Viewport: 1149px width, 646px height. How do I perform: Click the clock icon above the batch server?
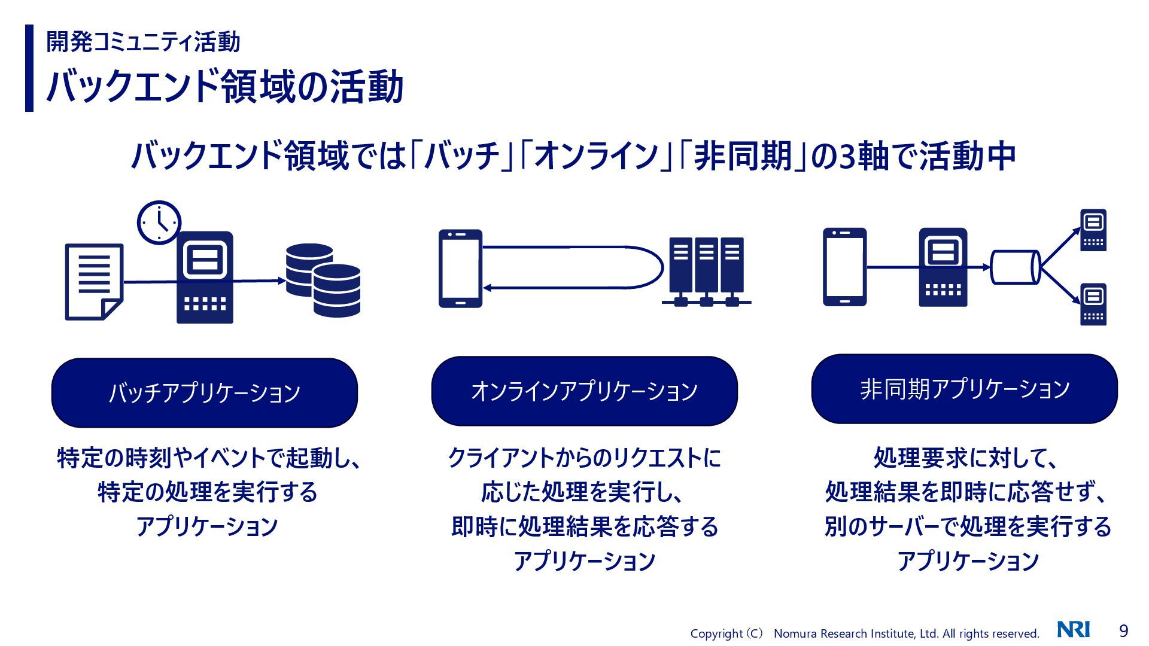(159, 222)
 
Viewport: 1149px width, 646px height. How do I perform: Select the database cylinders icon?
(323, 279)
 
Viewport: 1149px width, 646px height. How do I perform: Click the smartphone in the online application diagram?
(460, 269)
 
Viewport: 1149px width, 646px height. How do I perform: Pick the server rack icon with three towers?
(706, 271)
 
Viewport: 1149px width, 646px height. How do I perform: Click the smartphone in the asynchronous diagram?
(844, 267)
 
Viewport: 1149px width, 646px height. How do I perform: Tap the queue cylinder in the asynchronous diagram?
(1015, 267)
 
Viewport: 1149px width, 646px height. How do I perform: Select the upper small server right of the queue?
(1093, 230)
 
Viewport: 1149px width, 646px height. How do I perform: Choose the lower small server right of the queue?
(1093, 305)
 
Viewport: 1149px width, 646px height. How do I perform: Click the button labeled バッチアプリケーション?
(205, 392)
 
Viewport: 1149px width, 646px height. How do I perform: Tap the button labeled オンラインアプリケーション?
(584, 391)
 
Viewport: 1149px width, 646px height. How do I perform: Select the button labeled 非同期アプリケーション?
(964, 389)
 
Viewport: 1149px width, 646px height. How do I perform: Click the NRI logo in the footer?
(1073, 630)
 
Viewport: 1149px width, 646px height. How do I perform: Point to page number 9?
(1123, 631)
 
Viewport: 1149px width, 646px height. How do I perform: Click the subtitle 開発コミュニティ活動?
(143, 42)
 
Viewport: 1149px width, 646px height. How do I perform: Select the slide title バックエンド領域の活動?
(224, 87)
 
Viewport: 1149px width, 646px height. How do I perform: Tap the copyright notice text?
(864, 633)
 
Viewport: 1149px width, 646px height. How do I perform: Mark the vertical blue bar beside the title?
(29, 68)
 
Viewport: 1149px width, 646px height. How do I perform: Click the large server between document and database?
(205, 278)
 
